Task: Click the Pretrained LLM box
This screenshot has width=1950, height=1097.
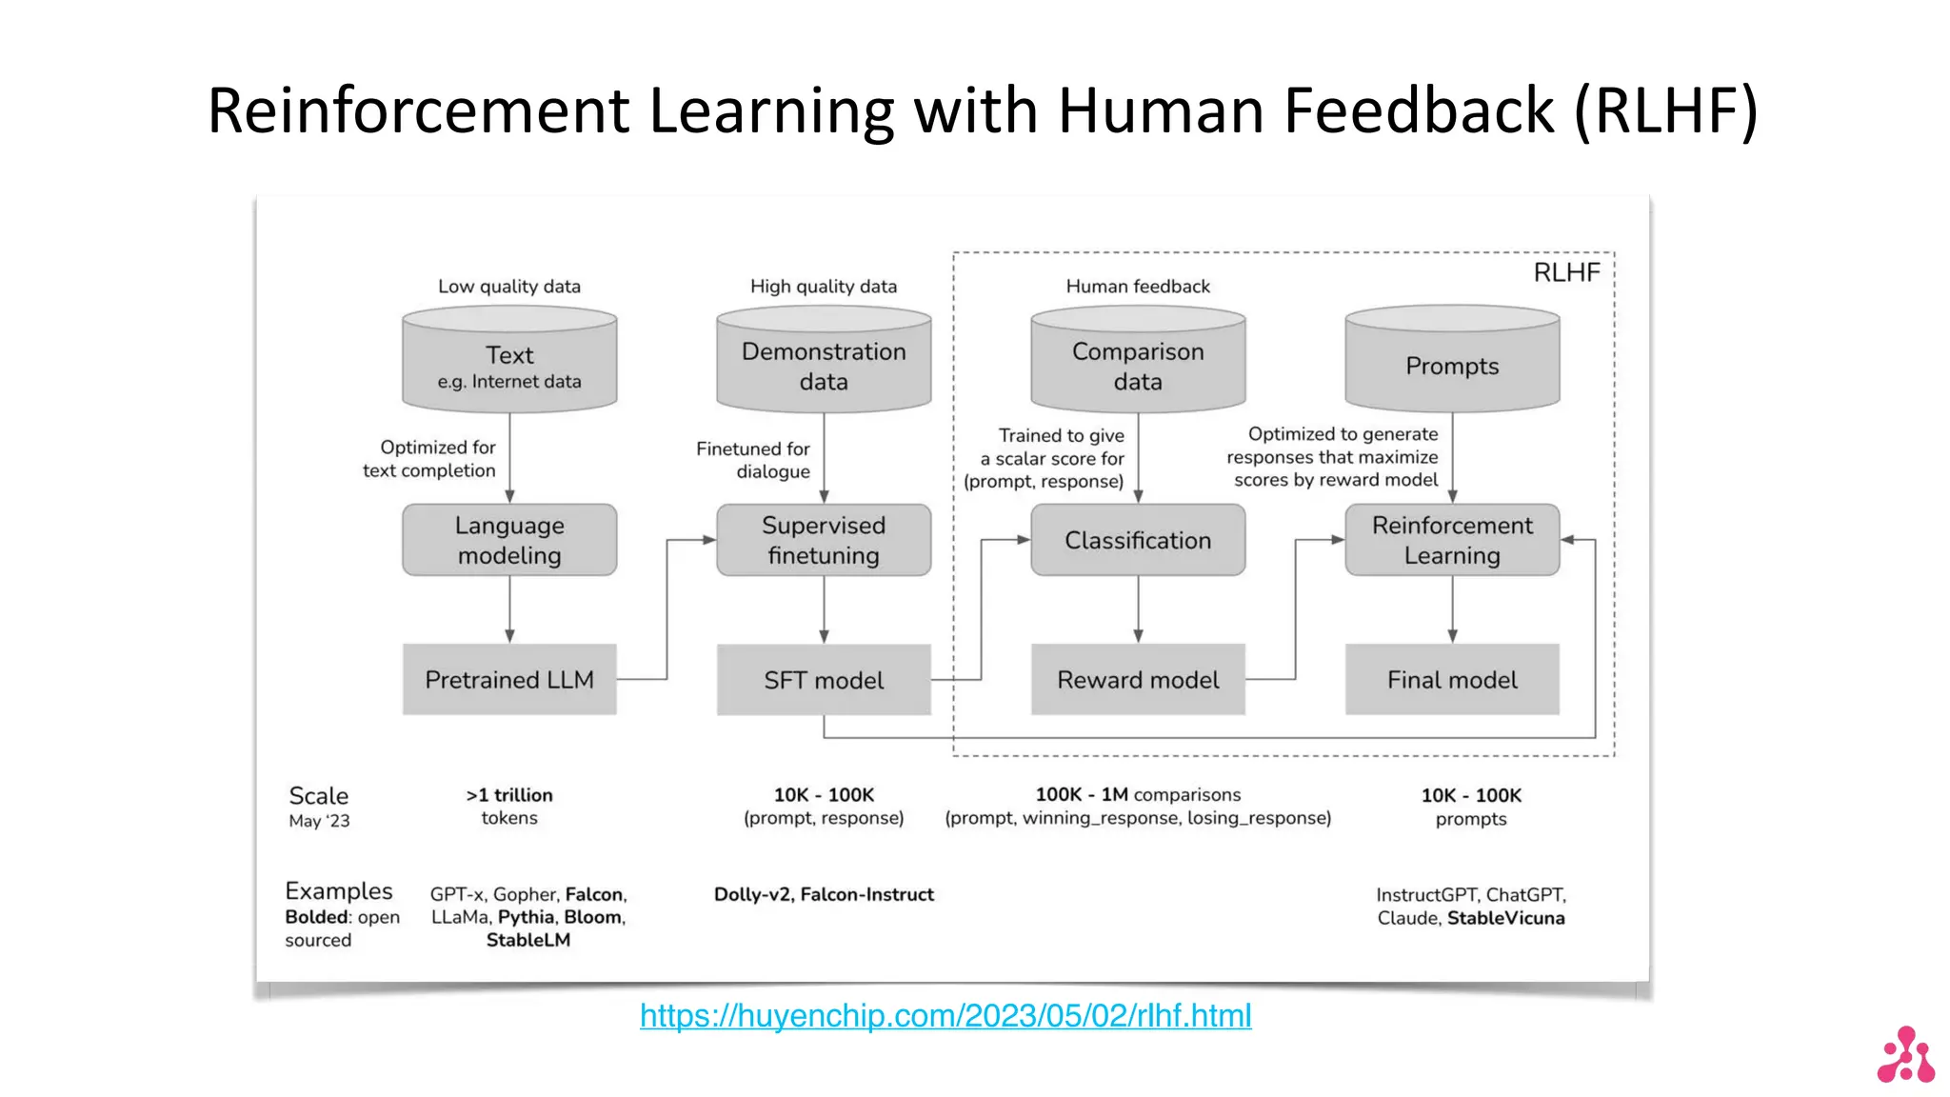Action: (x=509, y=679)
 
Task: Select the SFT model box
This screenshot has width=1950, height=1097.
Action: (x=824, y=679)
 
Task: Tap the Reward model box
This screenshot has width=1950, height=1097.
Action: (x=1138, y=679)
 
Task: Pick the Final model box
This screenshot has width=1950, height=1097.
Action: (x=1452, y=679)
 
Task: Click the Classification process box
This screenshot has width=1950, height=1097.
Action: (x=1138, y=540)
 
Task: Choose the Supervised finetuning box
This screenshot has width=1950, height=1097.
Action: (x=824, y=540)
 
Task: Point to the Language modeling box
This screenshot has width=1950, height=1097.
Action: (x=509, y=540)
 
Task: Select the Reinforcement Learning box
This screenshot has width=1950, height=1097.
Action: (x=1452, y=540)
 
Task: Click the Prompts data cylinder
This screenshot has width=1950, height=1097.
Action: (x=1452, y=365)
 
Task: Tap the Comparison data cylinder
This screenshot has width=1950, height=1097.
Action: (x=1138, y=365)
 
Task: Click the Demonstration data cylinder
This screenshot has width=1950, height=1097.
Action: (x=824, y=365)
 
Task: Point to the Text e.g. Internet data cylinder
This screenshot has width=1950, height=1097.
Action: (x=509, y=365)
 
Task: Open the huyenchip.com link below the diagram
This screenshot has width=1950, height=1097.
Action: (x=945, y=1016)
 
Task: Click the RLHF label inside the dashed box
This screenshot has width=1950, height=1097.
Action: (x=1566, y=273)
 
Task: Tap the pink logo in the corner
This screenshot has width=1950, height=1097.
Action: (x=1906, y=1055)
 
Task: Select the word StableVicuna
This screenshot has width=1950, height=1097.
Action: (x=1505, y=918)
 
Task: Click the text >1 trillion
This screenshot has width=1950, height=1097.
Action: (x=509, y=795)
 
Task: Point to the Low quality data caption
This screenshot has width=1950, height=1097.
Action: (x=509, y=286)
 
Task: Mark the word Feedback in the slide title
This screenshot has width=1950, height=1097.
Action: (x=1419, y=110)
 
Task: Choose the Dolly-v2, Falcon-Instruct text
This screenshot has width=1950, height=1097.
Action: (x=824, y=894)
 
